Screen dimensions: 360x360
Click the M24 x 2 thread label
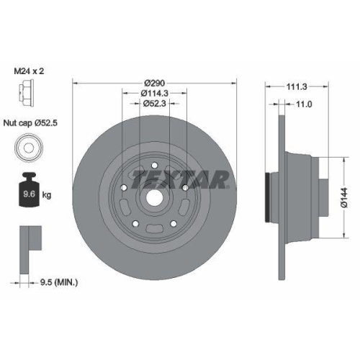[30, 71]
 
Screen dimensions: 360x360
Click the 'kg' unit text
[47, 194]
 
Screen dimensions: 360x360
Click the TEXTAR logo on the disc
[180, 178]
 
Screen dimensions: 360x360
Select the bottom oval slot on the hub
[155, 230]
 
